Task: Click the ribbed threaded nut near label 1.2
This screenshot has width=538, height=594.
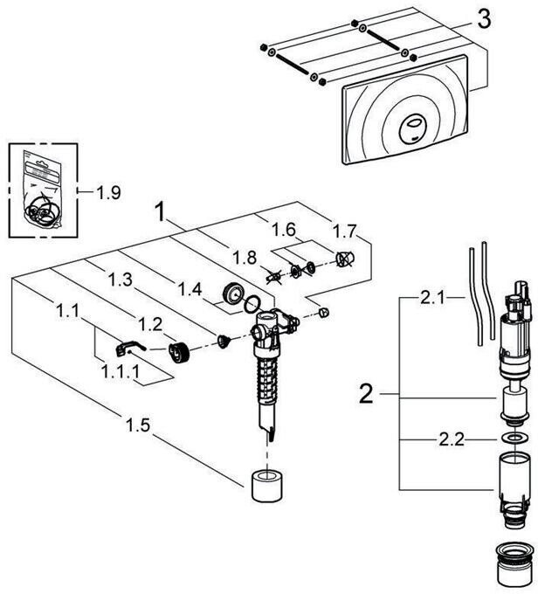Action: pos(181,352)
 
